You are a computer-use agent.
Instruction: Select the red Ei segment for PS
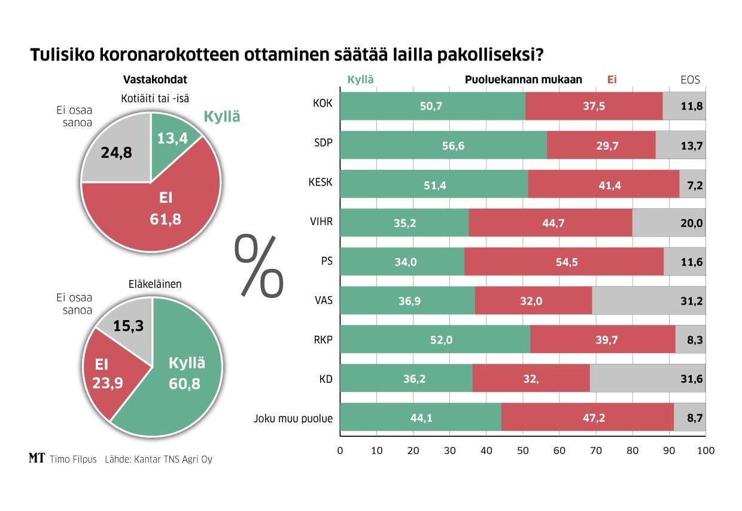click(x=564, y=262)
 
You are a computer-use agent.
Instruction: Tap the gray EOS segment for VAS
click(x=649, y=301)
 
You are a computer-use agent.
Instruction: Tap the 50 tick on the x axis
click(x=523, y=450)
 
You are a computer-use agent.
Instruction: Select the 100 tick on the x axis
click(x=705, y=450)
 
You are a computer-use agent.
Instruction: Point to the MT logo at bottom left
click(x=37, y=459)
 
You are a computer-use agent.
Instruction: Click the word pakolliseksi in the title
click(x=489, y=56)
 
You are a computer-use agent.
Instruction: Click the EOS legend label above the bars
click(x=690, y=80)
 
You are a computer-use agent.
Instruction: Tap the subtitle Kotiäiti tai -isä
click(x=151, y=98)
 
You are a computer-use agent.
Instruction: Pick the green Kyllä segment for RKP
click(x=435, y=340)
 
